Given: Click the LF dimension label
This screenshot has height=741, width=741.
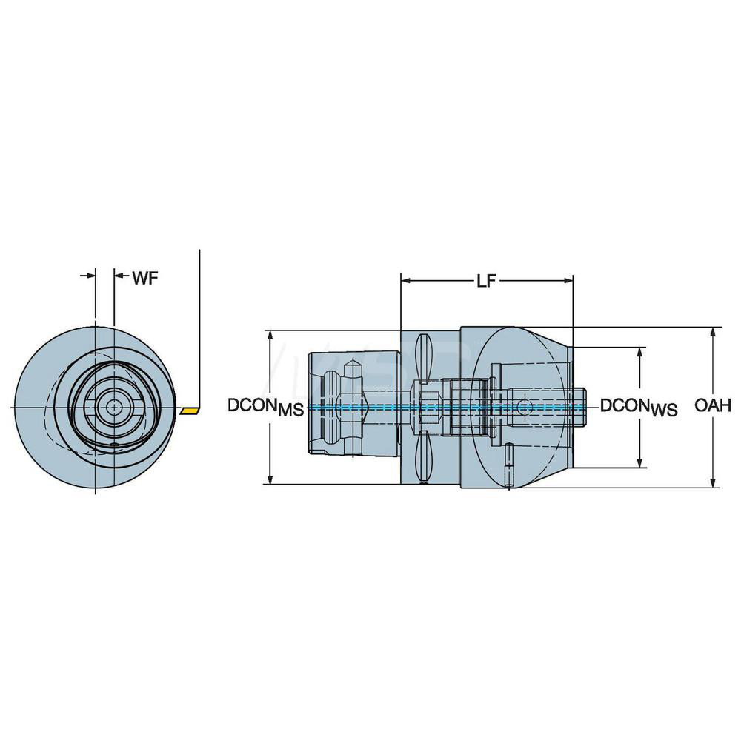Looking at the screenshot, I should pyautogui.click(x=486, y=281).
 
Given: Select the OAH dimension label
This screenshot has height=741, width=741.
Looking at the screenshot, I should pyautogui.click(x=714, y=405).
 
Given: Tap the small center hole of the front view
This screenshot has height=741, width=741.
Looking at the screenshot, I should pyautogui.click(x=114, y=406).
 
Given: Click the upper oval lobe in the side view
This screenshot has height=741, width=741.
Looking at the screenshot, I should pyautogui.click(x=425, y=356).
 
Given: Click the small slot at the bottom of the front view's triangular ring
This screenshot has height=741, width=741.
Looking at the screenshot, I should pyautogui.click(x=114, y=444).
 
